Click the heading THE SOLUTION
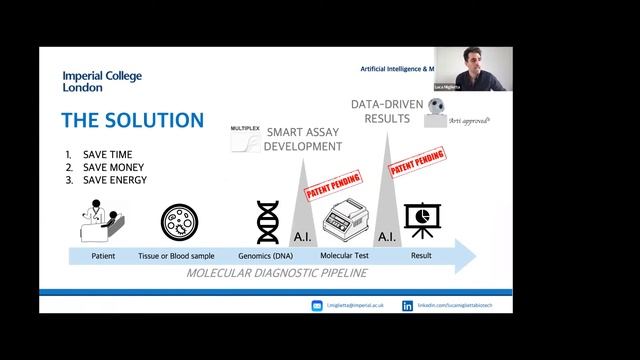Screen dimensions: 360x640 (132, 121)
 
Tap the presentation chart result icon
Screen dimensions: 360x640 (420, 221)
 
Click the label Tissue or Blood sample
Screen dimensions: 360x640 (184, 256)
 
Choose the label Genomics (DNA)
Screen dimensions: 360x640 (267, 256)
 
